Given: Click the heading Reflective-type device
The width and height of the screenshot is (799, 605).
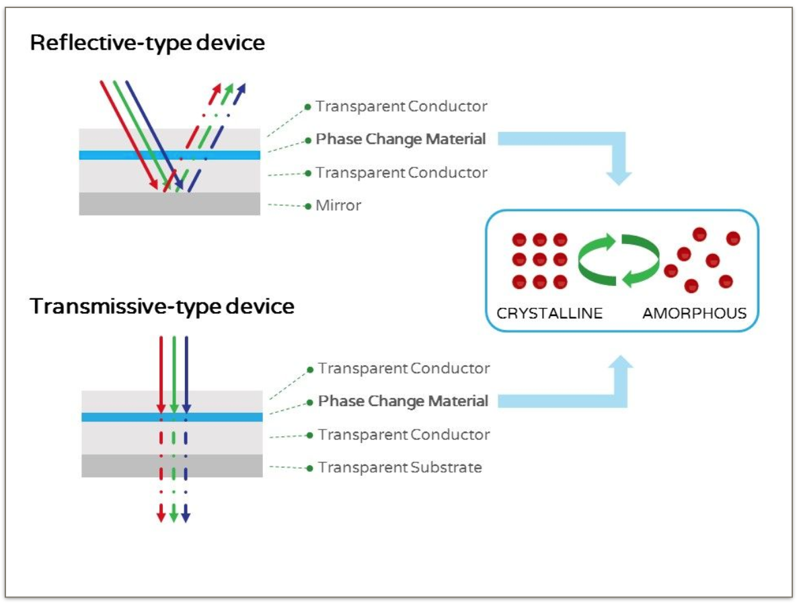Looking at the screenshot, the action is tap(147, 43).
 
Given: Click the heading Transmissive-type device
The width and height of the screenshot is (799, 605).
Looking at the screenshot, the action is tap(162, 307).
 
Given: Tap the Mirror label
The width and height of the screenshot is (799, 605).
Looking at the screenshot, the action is tap(338, 205).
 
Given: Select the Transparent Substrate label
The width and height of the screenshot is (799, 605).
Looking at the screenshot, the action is tap(400, 467).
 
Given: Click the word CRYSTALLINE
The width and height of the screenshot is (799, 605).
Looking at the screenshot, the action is tap(549, 313).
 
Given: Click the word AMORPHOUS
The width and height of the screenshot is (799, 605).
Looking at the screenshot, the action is tap(695, 313).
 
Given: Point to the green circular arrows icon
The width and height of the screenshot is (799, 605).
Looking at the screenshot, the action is tap(619, 259).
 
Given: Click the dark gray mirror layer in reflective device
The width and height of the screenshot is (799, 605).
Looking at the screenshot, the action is tap(169, 203).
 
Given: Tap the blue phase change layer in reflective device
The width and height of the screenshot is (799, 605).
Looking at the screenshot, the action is tap(169, 155).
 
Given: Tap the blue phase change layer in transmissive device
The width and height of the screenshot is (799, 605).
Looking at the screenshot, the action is tap(172, 417).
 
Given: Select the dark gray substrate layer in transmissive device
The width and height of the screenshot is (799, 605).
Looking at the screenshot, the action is tap(172, 465).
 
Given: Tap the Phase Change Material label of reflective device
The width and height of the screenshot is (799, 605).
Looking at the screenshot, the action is tap(401, 139).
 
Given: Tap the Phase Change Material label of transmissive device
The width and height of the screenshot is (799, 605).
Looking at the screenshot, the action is tap(403, 401).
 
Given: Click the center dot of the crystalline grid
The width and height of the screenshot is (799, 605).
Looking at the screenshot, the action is tap(539, 259).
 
